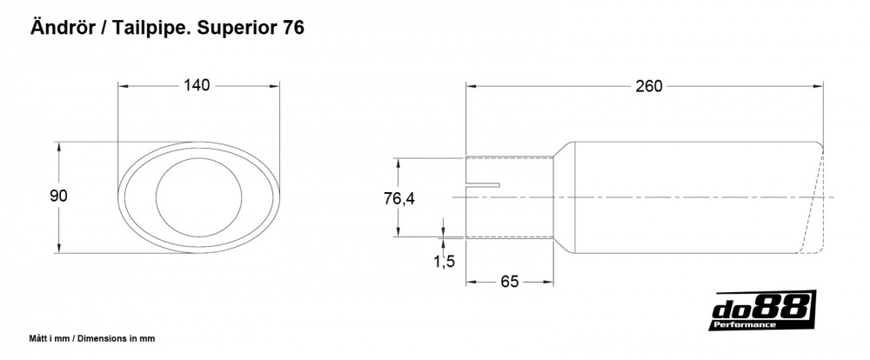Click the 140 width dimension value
197,85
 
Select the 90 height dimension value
59,197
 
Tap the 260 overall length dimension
648,85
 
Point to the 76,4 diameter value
399,199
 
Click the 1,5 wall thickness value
444,261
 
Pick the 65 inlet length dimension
510,281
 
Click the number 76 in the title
292,28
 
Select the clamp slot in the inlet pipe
485,184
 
